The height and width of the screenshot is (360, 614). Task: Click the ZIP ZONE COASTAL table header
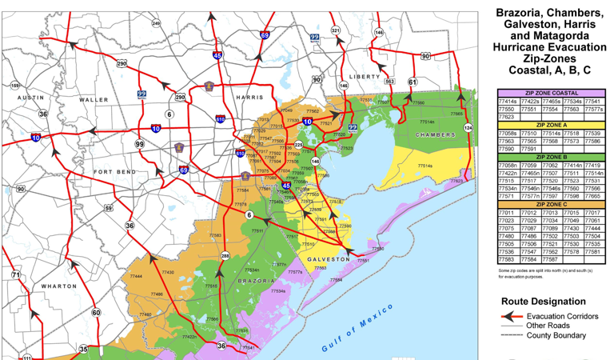pos(551,94)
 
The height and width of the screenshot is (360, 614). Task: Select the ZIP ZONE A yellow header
pos(551,126)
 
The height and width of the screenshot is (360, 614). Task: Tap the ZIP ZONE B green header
pos(551,158)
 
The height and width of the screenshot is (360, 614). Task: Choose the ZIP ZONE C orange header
pos(551,205)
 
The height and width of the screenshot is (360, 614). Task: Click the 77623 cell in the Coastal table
pos(507,117)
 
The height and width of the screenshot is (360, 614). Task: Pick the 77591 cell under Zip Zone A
pos(528,149)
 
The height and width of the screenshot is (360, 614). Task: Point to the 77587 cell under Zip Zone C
pos(550,259)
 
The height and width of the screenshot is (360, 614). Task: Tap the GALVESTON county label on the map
pos(327,260)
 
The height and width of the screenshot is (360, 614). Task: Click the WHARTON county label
pos(59,286)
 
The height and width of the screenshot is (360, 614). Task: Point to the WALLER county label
pos(94,100)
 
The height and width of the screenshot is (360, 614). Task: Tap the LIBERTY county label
pos(365,77)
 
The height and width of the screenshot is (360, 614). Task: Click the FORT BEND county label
pos(115,172)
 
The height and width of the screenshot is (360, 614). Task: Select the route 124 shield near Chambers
pos(468,128)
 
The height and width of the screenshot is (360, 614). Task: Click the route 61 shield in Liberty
pos(413,82)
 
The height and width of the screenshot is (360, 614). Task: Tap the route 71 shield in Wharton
pos(15,275)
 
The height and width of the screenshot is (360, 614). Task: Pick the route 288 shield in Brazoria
pos(225,256)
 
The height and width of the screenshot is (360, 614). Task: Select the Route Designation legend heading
pos(543,302)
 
